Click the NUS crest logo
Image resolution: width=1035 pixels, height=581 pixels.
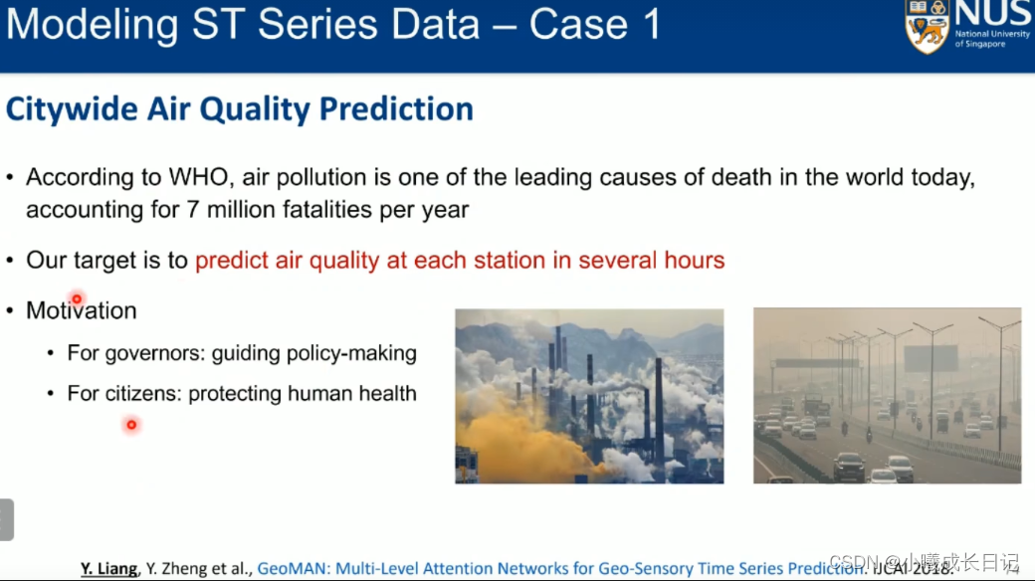tap(928, 27)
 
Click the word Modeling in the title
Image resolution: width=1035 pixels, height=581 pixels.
tap(93, 25)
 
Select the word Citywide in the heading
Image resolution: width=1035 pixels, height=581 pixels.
tap(73, 109)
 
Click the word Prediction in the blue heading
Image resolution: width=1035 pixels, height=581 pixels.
tap(396, 109)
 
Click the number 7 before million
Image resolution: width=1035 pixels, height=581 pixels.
tap(193, 209)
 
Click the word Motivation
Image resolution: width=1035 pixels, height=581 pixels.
tap(82, 310)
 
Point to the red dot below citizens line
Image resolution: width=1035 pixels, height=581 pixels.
tap(131, 425)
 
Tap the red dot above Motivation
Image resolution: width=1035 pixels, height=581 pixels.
tap(77, 299)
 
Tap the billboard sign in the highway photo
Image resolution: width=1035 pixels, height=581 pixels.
tap(931, 358)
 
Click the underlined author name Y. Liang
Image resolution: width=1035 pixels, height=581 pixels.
tap(108, 568)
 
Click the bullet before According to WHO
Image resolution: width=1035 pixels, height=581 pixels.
tap(10, 177)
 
